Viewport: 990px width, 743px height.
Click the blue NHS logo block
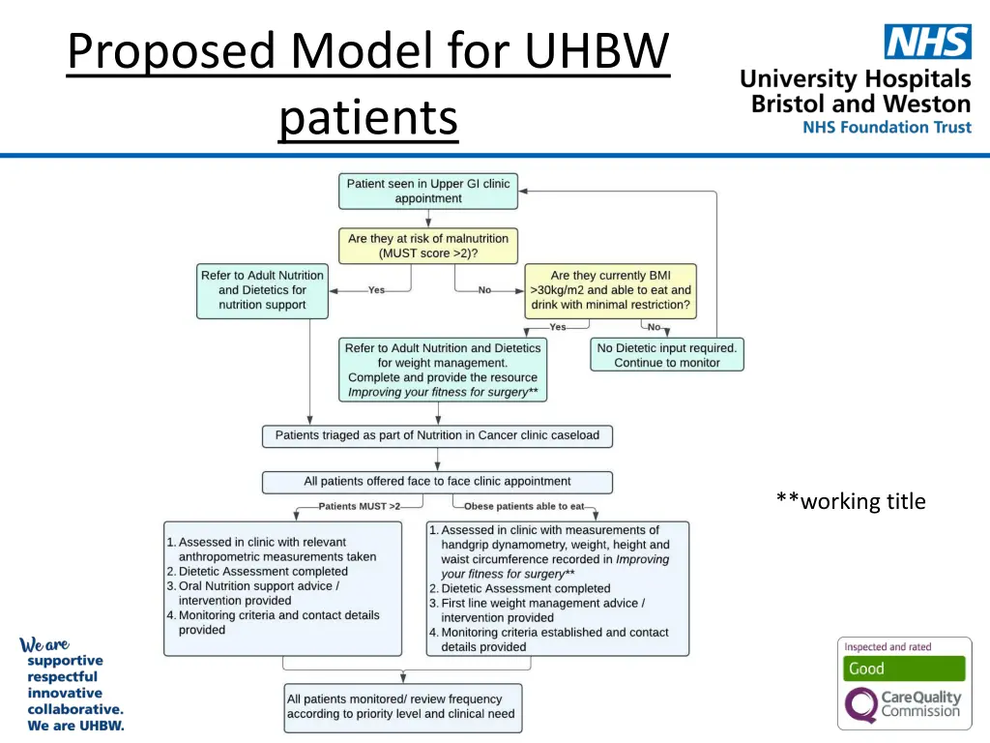pyautogui.click(x=927, y=42)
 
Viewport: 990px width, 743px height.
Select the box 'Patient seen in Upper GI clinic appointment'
pyautogui.click(x=428, y=191)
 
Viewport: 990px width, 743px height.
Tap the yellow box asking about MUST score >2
pyautogui.click(x=428, y=246)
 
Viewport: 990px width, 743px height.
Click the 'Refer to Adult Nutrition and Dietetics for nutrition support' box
pyautogui.click(x=262, y=290)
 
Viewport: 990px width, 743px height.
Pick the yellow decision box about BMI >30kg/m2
pyautogui.click(x=610, y=290)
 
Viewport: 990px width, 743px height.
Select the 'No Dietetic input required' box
pyautogui.click(x=666, y=355)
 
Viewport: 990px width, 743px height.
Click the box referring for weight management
pyautogui.click(x=443, y=370)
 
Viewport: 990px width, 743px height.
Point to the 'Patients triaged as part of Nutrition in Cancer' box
pyautogui.click(x=437, y=435)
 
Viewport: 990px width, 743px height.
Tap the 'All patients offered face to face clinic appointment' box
pyautogui.click(x=437, y=482)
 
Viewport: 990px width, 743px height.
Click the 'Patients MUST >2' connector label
pyautogui.click(x=359, y=506)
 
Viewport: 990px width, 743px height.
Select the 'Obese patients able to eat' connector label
pyautogui.click(x=524, y=506)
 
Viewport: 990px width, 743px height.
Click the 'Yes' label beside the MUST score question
pyautogui.click(x=376, y=290)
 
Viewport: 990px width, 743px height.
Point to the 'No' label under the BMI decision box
pyautogui.click(x=655, y=327)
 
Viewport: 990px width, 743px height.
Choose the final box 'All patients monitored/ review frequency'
pyautogui.click(x=402, y=707)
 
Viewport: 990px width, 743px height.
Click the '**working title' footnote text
pyautogui.click(x=850, y=501)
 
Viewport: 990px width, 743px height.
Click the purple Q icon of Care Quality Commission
pyautogui.click(x=859, y=705)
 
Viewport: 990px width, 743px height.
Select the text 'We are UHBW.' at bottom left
pyautogui.click(x=75, y=726)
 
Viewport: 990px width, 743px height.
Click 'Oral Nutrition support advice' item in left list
pyautogui.click(x=259, y=586)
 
